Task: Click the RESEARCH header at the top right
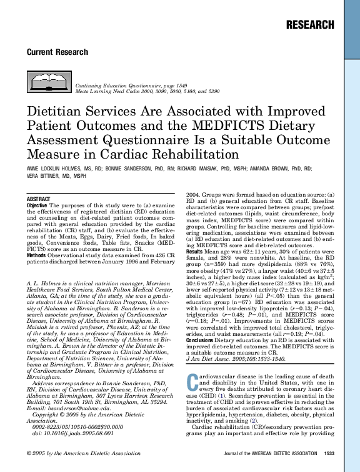tap(309, 25)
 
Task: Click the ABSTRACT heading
tap(39, 199)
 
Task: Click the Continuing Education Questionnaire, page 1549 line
tap(131, 84)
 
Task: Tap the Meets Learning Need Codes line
tap(147, 91)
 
